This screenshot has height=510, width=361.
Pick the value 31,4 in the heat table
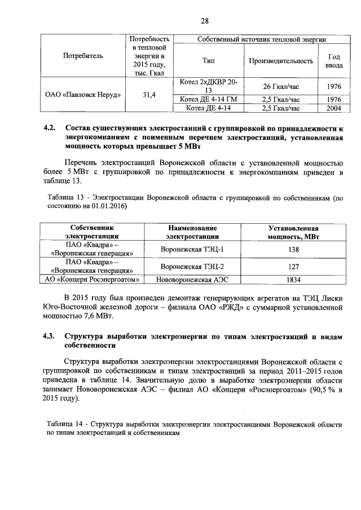(149, 94)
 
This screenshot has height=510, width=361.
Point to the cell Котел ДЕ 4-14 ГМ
(208, 100)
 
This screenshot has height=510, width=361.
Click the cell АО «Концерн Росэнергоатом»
(92, 279)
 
